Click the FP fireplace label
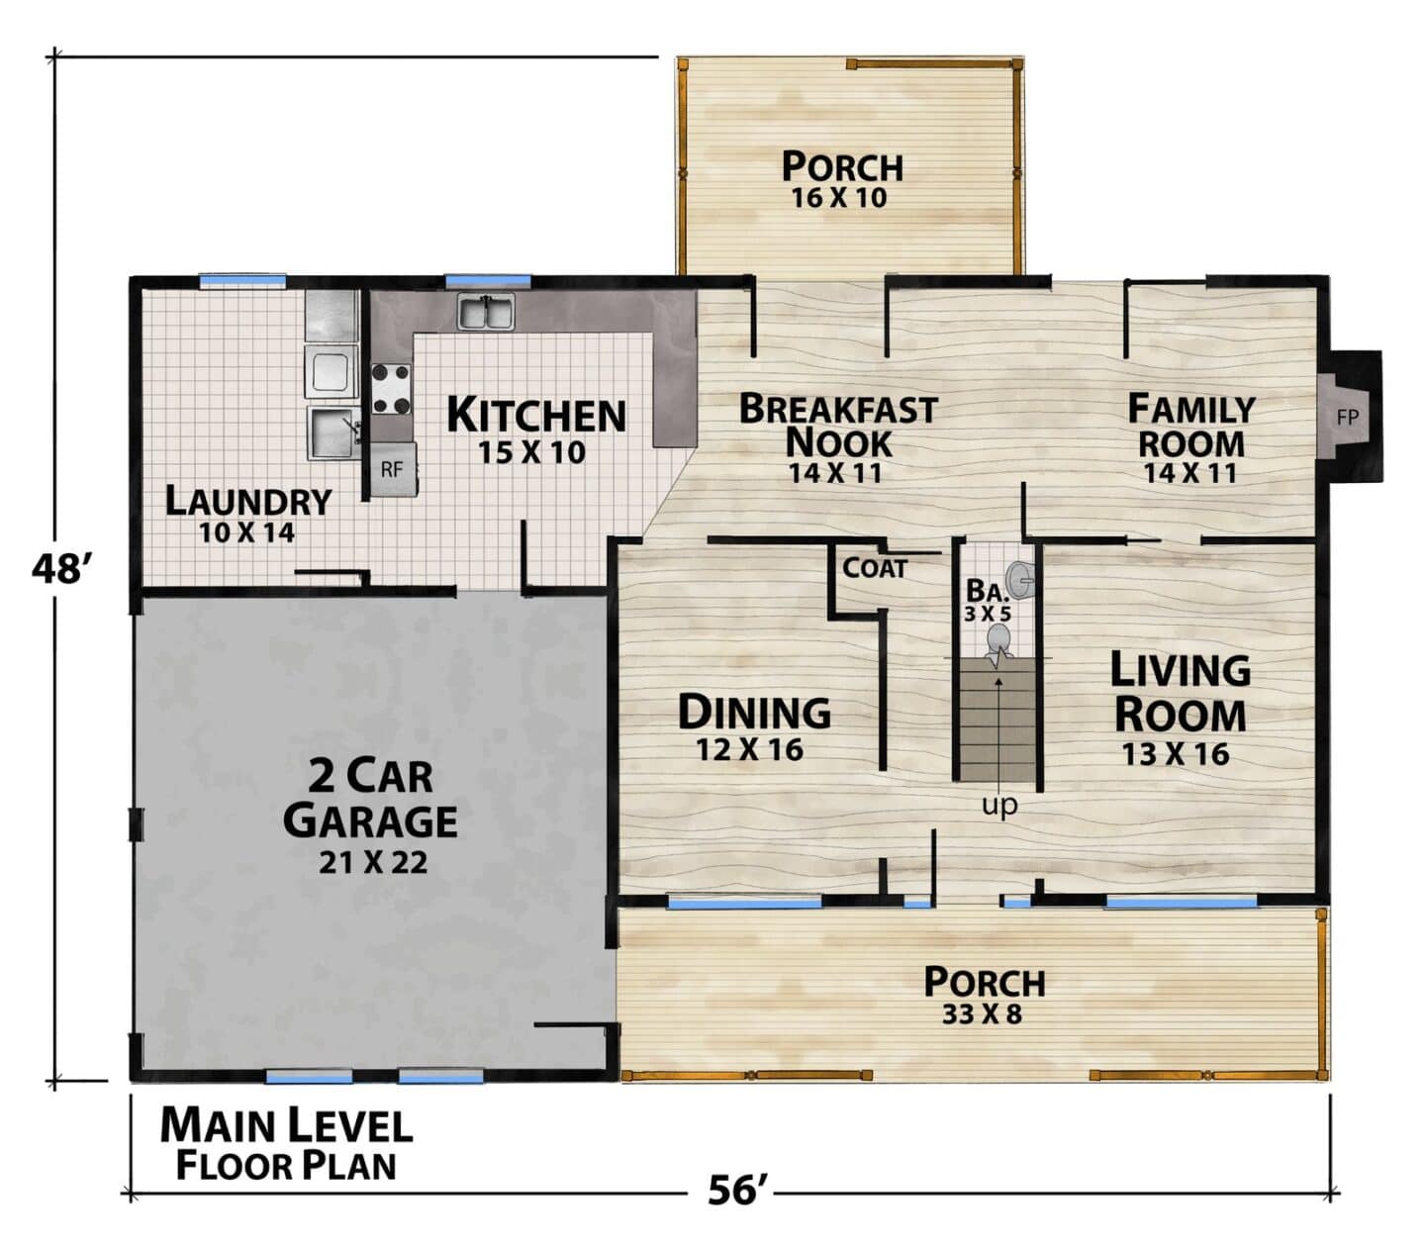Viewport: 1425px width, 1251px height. pos(1347,418)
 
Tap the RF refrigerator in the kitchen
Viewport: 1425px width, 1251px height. pos(394,469)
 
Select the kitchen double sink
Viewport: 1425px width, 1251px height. pos(486,312)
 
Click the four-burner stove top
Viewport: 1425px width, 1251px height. pos(391,388)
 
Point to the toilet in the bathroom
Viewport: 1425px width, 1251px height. pos(999,642)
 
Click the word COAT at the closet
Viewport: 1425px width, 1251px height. pos(874,568)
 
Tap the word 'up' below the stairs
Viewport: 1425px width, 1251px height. pos(999,805)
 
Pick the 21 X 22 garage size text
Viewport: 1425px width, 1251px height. pos(373,863)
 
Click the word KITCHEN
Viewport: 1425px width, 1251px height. pos(536,415)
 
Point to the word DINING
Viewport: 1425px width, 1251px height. pos(754,712)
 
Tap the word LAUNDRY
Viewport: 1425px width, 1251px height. pos(248,501)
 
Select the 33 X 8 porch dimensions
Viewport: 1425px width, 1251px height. pos(982,1013)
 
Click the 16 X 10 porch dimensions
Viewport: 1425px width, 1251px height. pos(839,198)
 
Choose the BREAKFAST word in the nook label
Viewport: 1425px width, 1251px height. pos(838,409)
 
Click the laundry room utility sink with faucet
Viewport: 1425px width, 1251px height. pos(334,433)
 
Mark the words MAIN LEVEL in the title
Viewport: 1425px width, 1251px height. pos(286,1125)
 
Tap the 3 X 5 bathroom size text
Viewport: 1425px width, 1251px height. pos(988,614)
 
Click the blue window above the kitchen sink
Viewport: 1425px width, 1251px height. pos(488,281)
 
